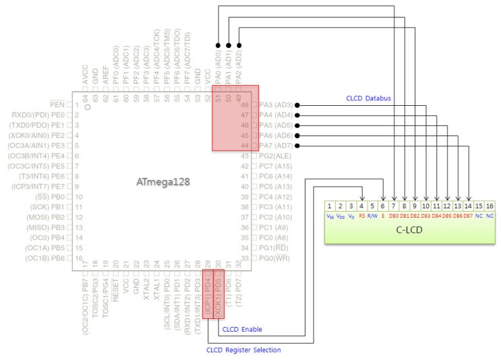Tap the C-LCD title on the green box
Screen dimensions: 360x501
tap(409, 229)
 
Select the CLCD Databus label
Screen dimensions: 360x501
tap(369, 99)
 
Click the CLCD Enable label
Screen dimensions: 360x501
tap(242, 330)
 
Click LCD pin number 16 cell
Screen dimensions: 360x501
tap(490, 206)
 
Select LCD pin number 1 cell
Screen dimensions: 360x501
tap(330, 206)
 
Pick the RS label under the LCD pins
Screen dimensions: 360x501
tap(362, 216)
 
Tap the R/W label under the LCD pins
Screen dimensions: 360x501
tap(373, 216)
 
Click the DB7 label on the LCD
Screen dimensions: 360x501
tap(468, 216)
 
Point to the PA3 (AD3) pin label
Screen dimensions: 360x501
tap(276, 105)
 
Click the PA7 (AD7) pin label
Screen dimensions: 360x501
tap(276, 146)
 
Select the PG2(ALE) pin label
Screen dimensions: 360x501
tap(275, 156)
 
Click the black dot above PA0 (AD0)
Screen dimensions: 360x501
tap(218, 46)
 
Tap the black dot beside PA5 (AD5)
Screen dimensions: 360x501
tap(297, 125)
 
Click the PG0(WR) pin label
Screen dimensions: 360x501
tap(274, 258)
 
